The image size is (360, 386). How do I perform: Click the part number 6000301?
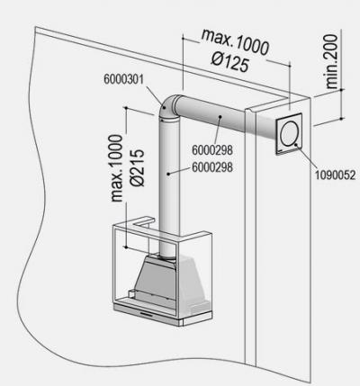[x=124, y=79]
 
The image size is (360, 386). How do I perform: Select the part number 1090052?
[x=335, y=175]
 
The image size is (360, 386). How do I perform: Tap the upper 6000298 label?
[x=212, y=150]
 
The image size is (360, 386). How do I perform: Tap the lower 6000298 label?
[x=212, y=167]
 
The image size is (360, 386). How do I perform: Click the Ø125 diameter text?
[x=230, y=62]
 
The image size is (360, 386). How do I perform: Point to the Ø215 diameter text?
[x=138, y=168]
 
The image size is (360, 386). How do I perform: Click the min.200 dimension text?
[x=332, y=61]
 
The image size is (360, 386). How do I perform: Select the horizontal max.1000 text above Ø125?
[x=235, y=42]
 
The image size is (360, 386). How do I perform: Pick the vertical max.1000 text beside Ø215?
[x=117, y=168]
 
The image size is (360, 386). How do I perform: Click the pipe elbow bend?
[x=168, y=105]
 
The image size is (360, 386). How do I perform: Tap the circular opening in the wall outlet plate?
[x=289, y=133]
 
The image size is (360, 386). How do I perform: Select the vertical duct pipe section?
[x=169, y=186]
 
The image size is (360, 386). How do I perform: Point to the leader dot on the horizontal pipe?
[x=220, y=117]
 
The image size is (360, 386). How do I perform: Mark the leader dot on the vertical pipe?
[x=168, y=174]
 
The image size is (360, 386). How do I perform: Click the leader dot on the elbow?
[x=165, y=108]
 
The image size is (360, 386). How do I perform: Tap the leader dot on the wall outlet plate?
[x=296, y=145]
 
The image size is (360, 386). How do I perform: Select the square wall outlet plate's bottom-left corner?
[x=276, y=155]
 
